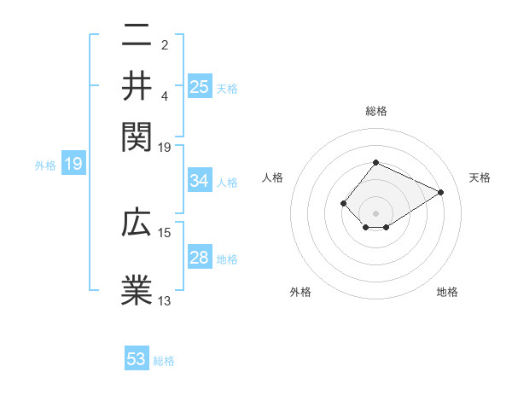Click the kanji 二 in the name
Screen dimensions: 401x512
tap(137, 36)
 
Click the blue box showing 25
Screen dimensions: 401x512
tap(200, 86)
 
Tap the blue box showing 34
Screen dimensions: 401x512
tap(200, 181)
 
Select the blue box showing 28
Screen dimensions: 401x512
tap(200, 259)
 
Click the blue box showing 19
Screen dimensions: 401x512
tap(73, 164)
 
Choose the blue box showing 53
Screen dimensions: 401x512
tap(137, 359)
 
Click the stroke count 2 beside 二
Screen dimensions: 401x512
tap(164, 44)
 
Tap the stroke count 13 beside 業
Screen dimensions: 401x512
tap(165, 300)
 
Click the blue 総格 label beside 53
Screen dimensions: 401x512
tap(164, 361)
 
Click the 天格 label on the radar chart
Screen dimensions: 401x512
tap(480, 177)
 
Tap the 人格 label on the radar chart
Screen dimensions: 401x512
tap(273, 177)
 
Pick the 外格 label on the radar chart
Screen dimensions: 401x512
tap(300, 293)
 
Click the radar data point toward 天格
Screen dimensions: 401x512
tap(441, 192)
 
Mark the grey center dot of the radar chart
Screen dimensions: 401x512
tap(375, 212)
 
